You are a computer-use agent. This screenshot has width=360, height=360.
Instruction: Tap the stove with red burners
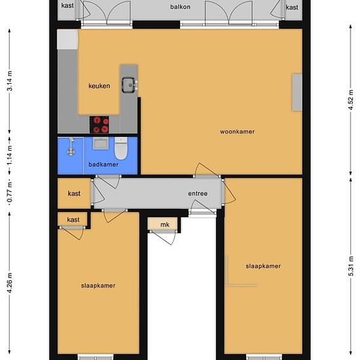99,124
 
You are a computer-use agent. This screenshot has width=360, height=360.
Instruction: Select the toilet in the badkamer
121,148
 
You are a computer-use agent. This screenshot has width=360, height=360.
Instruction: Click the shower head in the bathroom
71,147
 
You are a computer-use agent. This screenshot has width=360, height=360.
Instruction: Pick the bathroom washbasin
101,143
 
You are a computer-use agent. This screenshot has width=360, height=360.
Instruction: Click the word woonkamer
238,132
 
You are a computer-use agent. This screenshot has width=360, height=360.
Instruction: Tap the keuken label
99,86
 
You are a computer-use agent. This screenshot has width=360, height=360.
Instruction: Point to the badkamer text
103,164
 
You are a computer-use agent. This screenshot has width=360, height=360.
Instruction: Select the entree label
198,194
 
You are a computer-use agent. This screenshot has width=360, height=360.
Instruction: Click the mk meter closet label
165,225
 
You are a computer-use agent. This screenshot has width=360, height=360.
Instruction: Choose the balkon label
180,7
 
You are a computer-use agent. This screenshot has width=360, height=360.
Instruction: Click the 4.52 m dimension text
351,100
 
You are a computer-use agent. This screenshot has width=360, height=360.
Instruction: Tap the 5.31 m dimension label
351,266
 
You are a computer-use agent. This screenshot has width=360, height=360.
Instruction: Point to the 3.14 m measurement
10,81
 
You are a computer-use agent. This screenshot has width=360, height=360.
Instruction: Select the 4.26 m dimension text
10,283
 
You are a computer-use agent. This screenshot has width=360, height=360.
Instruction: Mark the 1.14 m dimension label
10,155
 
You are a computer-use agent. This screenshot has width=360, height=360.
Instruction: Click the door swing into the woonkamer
205,170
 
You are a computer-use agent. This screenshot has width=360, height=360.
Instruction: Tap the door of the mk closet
164,238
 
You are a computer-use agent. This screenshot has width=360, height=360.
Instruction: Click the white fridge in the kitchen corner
67,39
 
